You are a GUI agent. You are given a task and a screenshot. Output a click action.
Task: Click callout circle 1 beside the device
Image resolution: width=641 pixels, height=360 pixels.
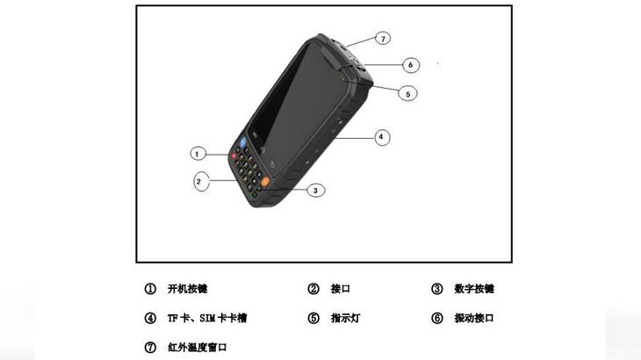pyautogui.click(x=198, y=154)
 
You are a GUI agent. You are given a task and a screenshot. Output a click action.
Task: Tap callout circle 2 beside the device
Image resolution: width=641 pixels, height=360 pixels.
pyautogui.click(x=200, y=182)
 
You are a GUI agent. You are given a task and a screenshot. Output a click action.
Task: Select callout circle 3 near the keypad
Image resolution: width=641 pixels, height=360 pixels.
pyautogui.click(x=314, y=190)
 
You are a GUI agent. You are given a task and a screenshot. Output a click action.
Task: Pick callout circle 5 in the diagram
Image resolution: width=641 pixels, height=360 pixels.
pyautogui.click(x=407, y=93)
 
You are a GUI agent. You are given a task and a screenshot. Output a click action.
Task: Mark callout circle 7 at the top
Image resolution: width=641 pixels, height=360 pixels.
pyautogui.click(x=383, y=39)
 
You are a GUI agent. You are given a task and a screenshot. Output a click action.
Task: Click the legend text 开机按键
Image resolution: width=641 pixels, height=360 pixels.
pyautogui.click(x=187, y=289)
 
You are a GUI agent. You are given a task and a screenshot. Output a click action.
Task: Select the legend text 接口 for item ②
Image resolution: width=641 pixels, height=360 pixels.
pyautogui.click(x=340, y=289)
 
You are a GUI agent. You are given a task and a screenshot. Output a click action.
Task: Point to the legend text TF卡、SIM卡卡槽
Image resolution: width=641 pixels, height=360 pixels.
pyautogui.click(x=207, y=318)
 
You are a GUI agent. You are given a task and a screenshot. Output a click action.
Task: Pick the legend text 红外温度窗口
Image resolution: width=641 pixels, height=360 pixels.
pyautogui.click(x=198, y=347)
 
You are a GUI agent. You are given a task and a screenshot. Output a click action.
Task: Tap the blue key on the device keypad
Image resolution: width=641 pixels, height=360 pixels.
pyautogui.click(x=241, y=141)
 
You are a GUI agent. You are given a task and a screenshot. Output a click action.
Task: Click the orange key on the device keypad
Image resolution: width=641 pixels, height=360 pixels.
pyautogui.click(x=264, y=179)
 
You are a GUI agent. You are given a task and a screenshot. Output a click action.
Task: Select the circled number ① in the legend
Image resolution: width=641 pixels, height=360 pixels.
pyautogui.click(x=150, y=289)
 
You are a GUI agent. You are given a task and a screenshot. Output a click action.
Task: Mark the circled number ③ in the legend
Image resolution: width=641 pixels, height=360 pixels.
pyautogui.click(x=436, y=289)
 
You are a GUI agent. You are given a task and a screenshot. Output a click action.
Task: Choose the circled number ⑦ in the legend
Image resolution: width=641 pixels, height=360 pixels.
pyautogui.click(x=150, y=347)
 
